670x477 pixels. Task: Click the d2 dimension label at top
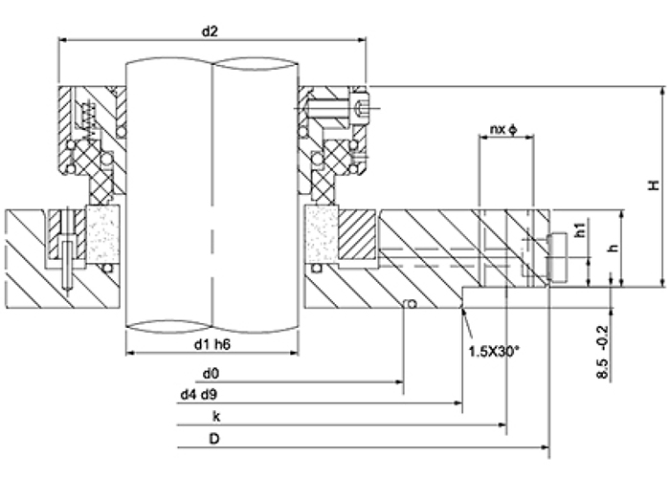pos(210,32)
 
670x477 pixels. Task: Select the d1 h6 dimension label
pos(212,344)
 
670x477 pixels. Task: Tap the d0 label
pos(211,374)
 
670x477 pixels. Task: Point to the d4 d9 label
pos(198,395)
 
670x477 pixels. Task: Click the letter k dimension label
pos(216,417)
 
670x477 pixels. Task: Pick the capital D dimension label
pos(214,439)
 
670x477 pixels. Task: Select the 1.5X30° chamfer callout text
pos(495,352)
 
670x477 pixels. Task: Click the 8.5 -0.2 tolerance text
pos(602,352)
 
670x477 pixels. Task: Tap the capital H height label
pos(654,185)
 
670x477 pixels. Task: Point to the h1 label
pos(580,230)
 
